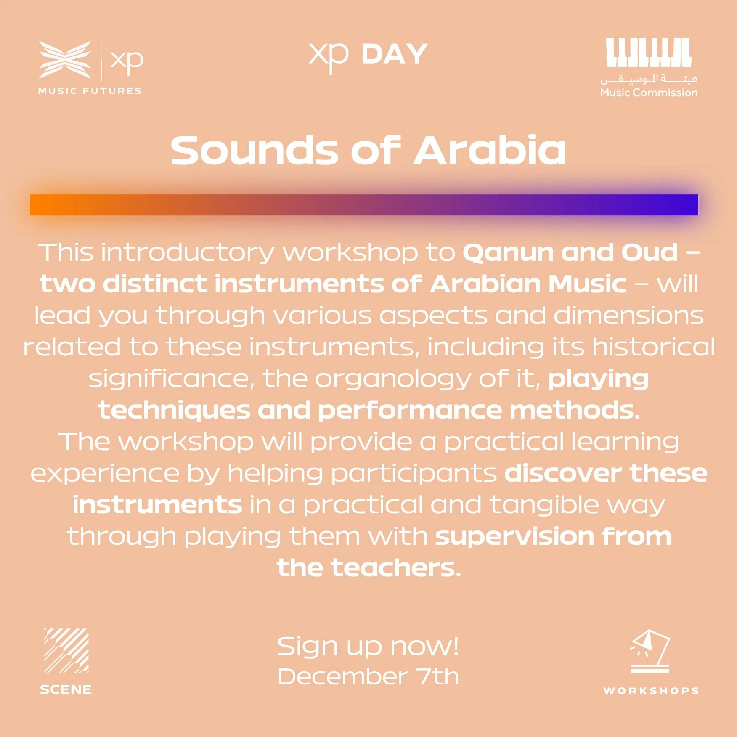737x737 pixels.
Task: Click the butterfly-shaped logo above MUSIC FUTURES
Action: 65,59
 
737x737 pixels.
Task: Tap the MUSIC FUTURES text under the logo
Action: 90,91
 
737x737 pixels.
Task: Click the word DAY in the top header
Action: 395,54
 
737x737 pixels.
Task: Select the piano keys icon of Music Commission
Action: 649,52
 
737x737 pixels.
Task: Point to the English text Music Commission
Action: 649,93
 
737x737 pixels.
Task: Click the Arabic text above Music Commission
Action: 649,79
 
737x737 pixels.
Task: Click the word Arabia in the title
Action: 490,150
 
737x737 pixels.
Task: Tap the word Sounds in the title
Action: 255,151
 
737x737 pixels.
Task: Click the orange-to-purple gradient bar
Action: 364,205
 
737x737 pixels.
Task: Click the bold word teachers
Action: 396,568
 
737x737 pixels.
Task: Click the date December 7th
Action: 368,676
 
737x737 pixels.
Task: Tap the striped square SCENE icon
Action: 66,651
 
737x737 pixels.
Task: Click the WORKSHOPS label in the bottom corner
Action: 651,691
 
